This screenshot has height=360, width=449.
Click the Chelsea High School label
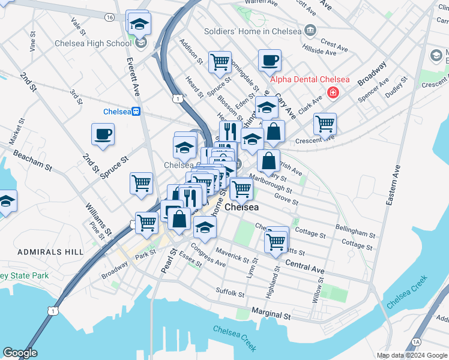point(92,43)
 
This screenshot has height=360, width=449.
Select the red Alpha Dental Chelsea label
point(309,79)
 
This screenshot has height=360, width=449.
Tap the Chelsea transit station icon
point(137,111)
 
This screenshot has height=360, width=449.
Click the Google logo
point(20,353)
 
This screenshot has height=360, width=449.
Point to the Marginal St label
point(271,313)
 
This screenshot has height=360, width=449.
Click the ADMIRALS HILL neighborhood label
point(50,252)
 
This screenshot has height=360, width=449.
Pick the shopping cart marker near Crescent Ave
point(325,124)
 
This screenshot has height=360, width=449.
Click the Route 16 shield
point(109,17)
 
